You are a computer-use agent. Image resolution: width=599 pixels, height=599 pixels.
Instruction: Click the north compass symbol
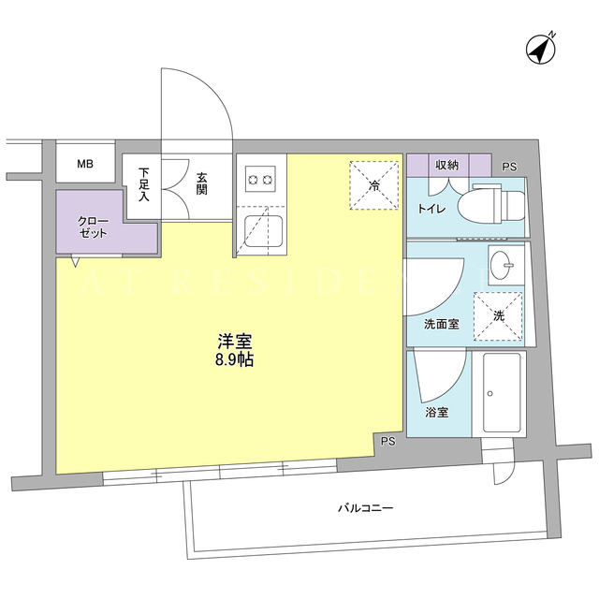541,50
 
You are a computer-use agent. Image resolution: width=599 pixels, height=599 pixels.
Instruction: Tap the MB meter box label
85,165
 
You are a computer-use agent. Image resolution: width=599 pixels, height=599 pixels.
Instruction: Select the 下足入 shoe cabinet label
143,184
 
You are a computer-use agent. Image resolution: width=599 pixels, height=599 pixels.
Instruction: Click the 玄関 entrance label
202,183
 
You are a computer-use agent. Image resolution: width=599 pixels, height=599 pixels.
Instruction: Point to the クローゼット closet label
93,226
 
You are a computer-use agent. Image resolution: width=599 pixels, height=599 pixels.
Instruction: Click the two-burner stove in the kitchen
261,179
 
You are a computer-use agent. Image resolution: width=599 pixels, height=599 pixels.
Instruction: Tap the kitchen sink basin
264,231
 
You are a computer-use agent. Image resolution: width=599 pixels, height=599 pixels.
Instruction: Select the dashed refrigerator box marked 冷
374,185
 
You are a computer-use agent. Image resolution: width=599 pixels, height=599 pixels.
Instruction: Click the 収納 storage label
446,165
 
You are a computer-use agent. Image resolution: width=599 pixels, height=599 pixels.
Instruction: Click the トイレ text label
431,209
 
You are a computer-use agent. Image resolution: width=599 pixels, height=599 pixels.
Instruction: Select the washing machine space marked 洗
498,316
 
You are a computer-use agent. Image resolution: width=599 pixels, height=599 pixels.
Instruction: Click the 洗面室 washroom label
441,325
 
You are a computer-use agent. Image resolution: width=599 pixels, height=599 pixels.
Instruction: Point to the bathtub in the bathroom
502,392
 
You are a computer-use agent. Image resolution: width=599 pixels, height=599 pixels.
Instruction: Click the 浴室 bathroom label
437,413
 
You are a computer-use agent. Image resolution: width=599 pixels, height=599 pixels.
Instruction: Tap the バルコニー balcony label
365,508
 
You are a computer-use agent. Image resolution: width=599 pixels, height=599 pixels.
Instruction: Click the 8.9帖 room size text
235,359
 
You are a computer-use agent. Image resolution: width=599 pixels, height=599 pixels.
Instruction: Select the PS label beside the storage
509,167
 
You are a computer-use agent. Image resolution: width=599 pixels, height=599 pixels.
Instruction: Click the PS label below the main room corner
387,442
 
